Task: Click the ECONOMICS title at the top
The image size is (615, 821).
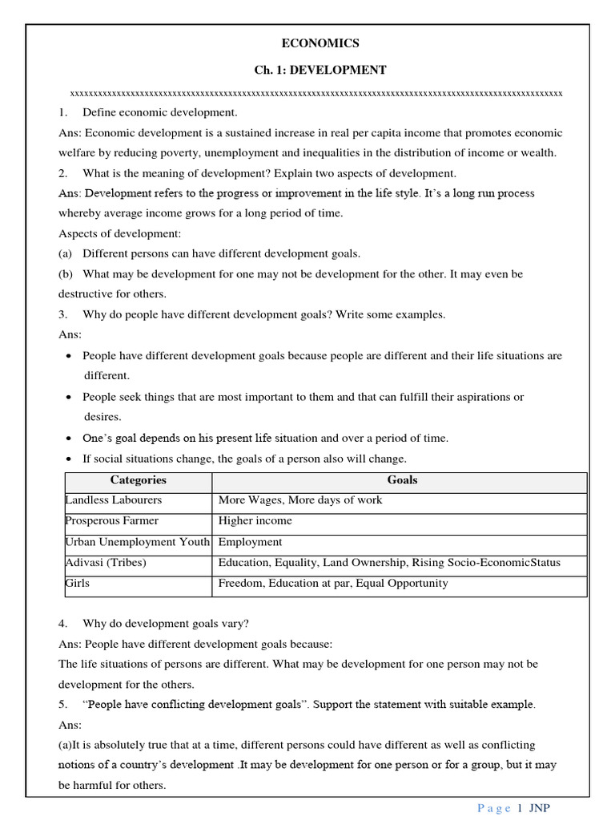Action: pos(320,43)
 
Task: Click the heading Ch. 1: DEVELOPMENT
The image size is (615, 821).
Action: pos(320,71)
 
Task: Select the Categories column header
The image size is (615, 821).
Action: pos(138,480)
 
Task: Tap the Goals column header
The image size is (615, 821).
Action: pos(401,480)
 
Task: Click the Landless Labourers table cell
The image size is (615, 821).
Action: pos(113,500)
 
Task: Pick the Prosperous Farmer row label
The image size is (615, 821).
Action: pos(112,521)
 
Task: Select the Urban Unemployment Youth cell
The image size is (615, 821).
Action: pos(137,542)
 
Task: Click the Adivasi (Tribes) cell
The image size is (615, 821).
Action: pos(106,563)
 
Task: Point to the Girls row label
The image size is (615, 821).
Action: pos(78,584)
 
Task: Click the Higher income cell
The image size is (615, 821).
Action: pos(255,521)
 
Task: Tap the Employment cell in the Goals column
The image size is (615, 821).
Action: pos(250,542)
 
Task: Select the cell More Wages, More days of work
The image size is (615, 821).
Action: pos(300,500)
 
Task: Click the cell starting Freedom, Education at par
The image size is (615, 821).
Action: pos(333,584)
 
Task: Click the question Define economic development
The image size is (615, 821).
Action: pos(159,112)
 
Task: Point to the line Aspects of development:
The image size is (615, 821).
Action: pos(120,233)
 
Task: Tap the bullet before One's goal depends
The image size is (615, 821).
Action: pos(70,439)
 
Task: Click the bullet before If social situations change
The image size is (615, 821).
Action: pos(70,459)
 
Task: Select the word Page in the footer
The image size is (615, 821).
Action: pos(493,808)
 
